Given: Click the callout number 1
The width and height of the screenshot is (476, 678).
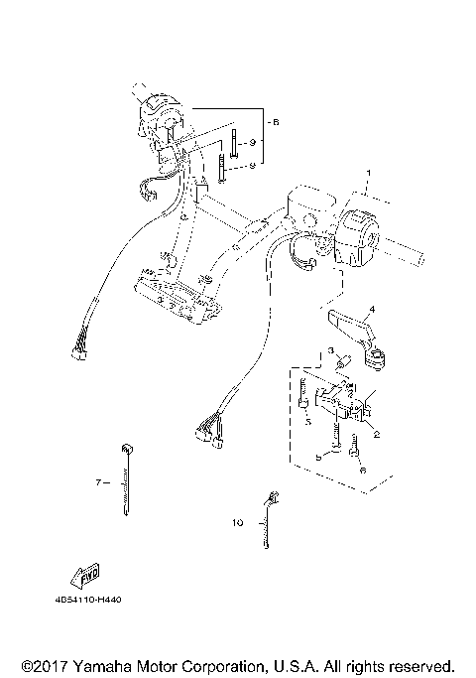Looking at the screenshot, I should (x=367, y=172).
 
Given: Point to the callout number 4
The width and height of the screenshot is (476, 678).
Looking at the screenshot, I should (x=372, y=309).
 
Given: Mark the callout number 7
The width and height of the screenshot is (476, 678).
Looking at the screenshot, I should (x=99, y=482).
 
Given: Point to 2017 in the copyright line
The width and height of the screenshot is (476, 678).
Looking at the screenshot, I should (x=46, y=664).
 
